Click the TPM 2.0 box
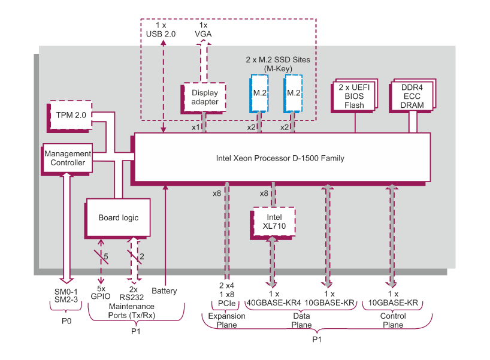click(x=71, y=114)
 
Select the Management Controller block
click(x=67, y=158)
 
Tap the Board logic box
click(x=118, y=217)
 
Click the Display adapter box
click(x=204, y=97)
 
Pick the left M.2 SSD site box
click(x=259, y=93)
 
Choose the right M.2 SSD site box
click(x=294, y=93)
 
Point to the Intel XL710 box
click(x=274, y=222)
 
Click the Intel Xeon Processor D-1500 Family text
click(x=280, y=158)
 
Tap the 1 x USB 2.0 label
click(x=161, y=30)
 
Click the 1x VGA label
click(x=203, y=30)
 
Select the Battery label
click(x=164, y=291)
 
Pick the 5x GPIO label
click(x=100, y=291)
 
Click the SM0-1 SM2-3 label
click(x=66, y=295)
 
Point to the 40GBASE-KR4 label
click(x=274, y=302)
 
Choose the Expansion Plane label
click(x=223, y=320)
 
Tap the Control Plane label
click(x=393, y=320)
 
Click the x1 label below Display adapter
click(x=195, y=128)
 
